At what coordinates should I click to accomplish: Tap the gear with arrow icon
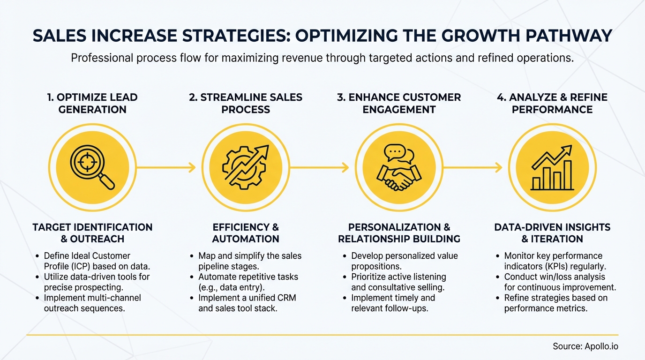coord(246,167)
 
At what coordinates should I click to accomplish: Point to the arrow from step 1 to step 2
coord(166,167)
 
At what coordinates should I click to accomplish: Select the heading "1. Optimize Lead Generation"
coord(92,104)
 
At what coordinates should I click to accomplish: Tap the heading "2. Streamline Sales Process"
coord(246,104)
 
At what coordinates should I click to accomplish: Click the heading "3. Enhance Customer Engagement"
coord(399,104)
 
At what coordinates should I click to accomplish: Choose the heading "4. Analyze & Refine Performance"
coord(552,104)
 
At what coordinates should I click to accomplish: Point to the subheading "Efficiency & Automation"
coord(246,233)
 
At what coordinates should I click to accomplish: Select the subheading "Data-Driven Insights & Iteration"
coord(552,233)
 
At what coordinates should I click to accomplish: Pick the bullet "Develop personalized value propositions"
coord(404,261)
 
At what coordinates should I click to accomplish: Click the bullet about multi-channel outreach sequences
coord(92,303)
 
